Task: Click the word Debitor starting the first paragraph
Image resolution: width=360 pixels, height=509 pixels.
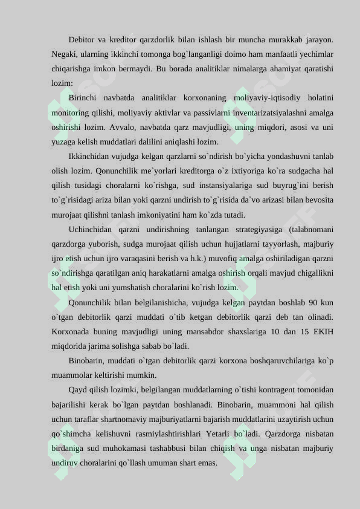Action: pyautogui.click(x=83, y=40)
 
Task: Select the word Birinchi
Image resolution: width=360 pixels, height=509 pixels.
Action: pyautogui.click(x=84, y=98)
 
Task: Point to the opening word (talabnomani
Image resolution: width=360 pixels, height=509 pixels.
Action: pyautogui.click(x=311, y=230)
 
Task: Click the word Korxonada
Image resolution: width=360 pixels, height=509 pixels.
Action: pyautogui.click(x=73, y=332)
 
